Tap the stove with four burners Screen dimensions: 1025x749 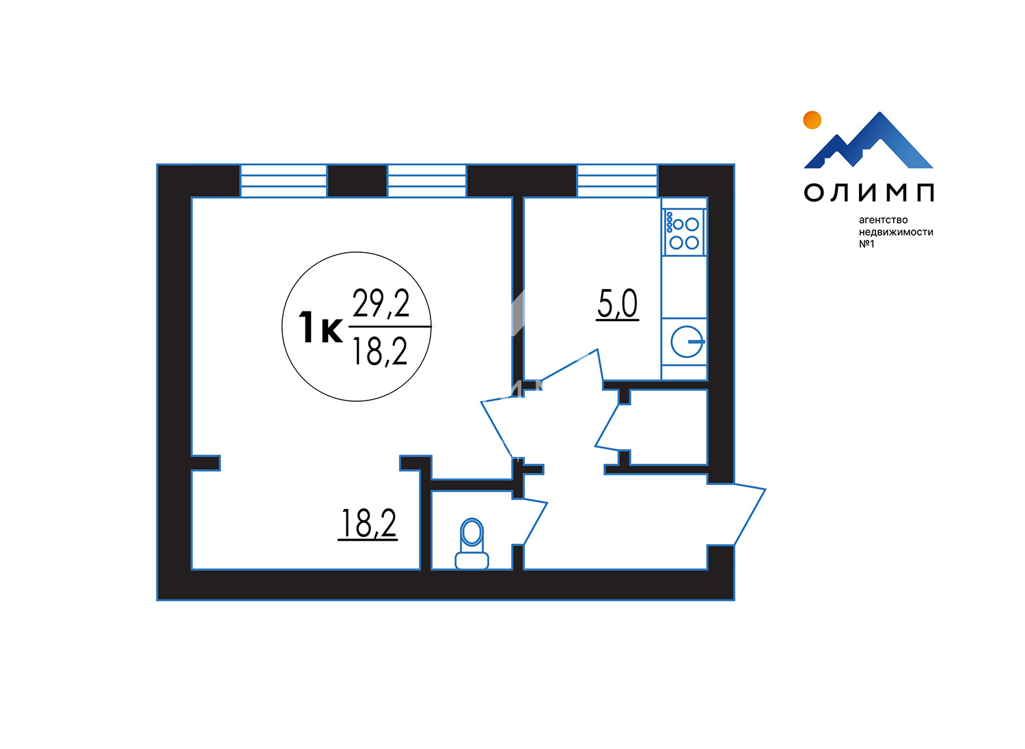pyautogui.click(x=684, y=232)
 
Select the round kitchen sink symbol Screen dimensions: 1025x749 pyautogui.click(x=687, y=341)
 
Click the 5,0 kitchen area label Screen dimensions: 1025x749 pyautogui.click(x=617, y=305)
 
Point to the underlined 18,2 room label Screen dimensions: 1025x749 pyautogui.click(x=368, y=524)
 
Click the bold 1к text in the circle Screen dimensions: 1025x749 pyautogui.click(x=320, y=327)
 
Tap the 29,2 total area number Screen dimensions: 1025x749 pyautogui.click(x=381, y=303)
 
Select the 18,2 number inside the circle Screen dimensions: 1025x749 pyautogui.click(x=380, y=352)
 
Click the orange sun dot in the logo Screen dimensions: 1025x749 pyautogui.click(x=812, y=120)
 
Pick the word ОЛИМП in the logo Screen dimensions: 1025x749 pyautogui.click(x=869, y=193)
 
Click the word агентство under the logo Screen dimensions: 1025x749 pyautogui.click(x=883, y=221)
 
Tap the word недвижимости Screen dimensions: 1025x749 pyautogui.click(x=896, y=232)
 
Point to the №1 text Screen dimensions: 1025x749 pyautogui.click(x=866, y=244)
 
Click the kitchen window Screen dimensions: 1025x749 pyautogui.click(x=617, y=180)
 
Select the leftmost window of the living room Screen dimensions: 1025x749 pyautogui.click(x=284, y=180)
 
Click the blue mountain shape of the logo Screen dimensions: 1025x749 pyautogui.click(x=869, y=140)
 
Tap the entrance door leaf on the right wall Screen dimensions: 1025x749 pyautogui.click(x=737, y=515)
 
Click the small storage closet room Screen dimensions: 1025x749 pyautogui.click(x=668, y=427)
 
